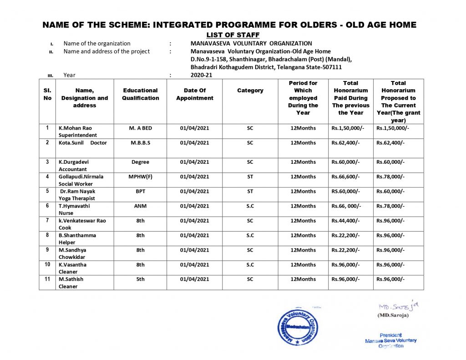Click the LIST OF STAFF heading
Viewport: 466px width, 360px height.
pyautogui.click(x=233, y=35)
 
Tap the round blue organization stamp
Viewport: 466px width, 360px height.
pyautogui.click(x=298, y=327)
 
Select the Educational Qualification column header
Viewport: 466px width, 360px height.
pyautogui.click(x=141, y=94)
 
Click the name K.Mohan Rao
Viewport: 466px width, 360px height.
pyautogui.click(x=75, y=128)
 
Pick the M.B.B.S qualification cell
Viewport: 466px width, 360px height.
pyautogui.click(x=141, y=143)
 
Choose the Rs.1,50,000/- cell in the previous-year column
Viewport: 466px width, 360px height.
pyautogui.click(x=348, y=128)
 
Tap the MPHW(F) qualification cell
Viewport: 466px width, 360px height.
pyautogui.click(x=141, y=177)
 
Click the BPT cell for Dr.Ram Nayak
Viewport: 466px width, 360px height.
pyautogui.click(x=141, y=192)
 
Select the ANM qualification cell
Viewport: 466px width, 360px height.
pyautogui.click(x=141, y=206)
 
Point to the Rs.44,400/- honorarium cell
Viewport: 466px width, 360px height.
pyautogui.click(x=346, y=221)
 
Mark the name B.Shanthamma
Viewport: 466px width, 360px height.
pyautogui.click(x=77, y=235)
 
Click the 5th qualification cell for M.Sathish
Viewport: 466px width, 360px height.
pyautogui.click(x=141, y=279)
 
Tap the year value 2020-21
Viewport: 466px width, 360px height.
pyautogui.click(x=201, y=75)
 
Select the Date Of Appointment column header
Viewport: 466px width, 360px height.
pyautogui.click(x=195, y=94)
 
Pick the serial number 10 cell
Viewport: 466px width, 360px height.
pyautogui.click(x=47, y=264)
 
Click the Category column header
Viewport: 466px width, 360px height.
pyautogui.click(x=250, y=91)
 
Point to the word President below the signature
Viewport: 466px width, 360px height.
pyautogui.click(x=390, y=335)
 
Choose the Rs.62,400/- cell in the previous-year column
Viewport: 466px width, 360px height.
pyautogui.click(x=346, y=143)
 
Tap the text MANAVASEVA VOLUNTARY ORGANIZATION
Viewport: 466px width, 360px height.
pyautogui.click(x=251, y=44)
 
